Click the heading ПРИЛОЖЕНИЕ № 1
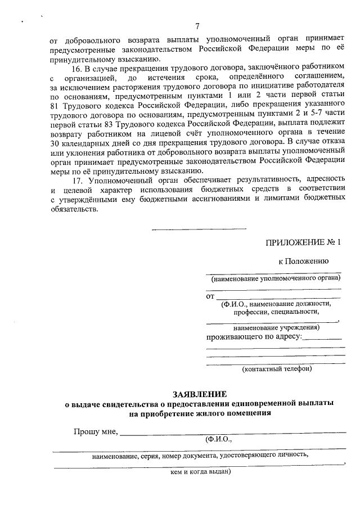tap(303, 243)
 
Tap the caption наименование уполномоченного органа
tap(276, 279)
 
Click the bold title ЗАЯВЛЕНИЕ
tap(200, 394)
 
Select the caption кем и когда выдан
tap(200, 472)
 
